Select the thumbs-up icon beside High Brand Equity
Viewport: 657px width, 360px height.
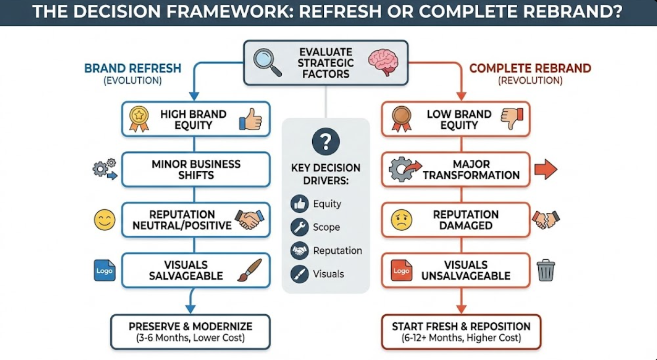[250, 119]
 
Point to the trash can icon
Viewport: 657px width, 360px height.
[546, 270]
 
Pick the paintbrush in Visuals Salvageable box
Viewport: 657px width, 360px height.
[245, 270]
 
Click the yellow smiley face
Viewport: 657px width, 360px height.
[104, 220]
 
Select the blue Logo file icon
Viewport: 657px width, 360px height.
[104, 270]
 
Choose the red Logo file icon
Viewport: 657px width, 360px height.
[401, 271]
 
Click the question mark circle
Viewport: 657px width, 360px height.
[325, 141]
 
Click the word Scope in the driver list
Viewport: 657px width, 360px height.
[326, 227]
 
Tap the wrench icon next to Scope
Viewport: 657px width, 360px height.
[300, 227]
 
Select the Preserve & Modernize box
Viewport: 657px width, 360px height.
[190, 332]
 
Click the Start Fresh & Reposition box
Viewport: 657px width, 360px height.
[461, 332]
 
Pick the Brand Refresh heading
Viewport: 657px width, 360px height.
[132, 68]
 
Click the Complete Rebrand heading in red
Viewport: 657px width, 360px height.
[530, 68]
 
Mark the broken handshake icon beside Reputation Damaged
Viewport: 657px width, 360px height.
[546, 220]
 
